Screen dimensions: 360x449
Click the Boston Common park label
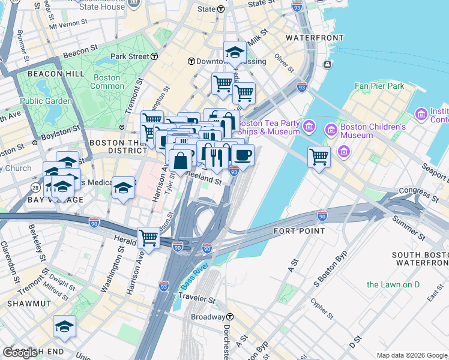click(x=107, y=82)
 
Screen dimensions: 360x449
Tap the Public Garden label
click(x=46, y=101)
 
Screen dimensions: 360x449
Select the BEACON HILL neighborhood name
click(x=41, y=74)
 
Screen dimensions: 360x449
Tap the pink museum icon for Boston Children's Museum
click(x=330, y=130)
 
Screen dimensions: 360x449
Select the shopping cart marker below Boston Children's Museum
click(x=319, y=157)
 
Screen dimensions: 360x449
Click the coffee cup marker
click(x=243, y=155)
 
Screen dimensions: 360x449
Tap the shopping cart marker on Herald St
click(x=148, y=237)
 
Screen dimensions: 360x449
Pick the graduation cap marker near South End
click(x=64, y=326)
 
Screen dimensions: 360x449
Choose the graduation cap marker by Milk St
click(x=234, y=52)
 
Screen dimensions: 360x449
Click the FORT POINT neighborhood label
click(x=299, y=231)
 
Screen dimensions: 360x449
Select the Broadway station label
click(x=208, y=316)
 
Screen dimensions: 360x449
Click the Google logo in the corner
click(x=20, y=353)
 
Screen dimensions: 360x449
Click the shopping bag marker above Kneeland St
click(x=181, y=160)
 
